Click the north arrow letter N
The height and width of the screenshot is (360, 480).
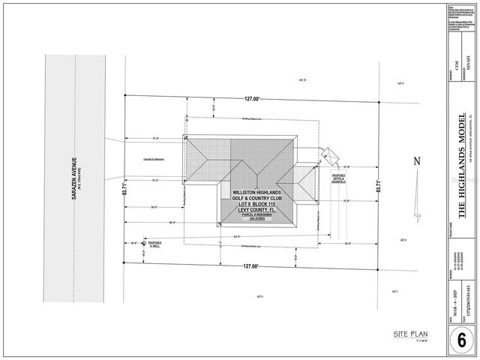click(418, 160)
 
